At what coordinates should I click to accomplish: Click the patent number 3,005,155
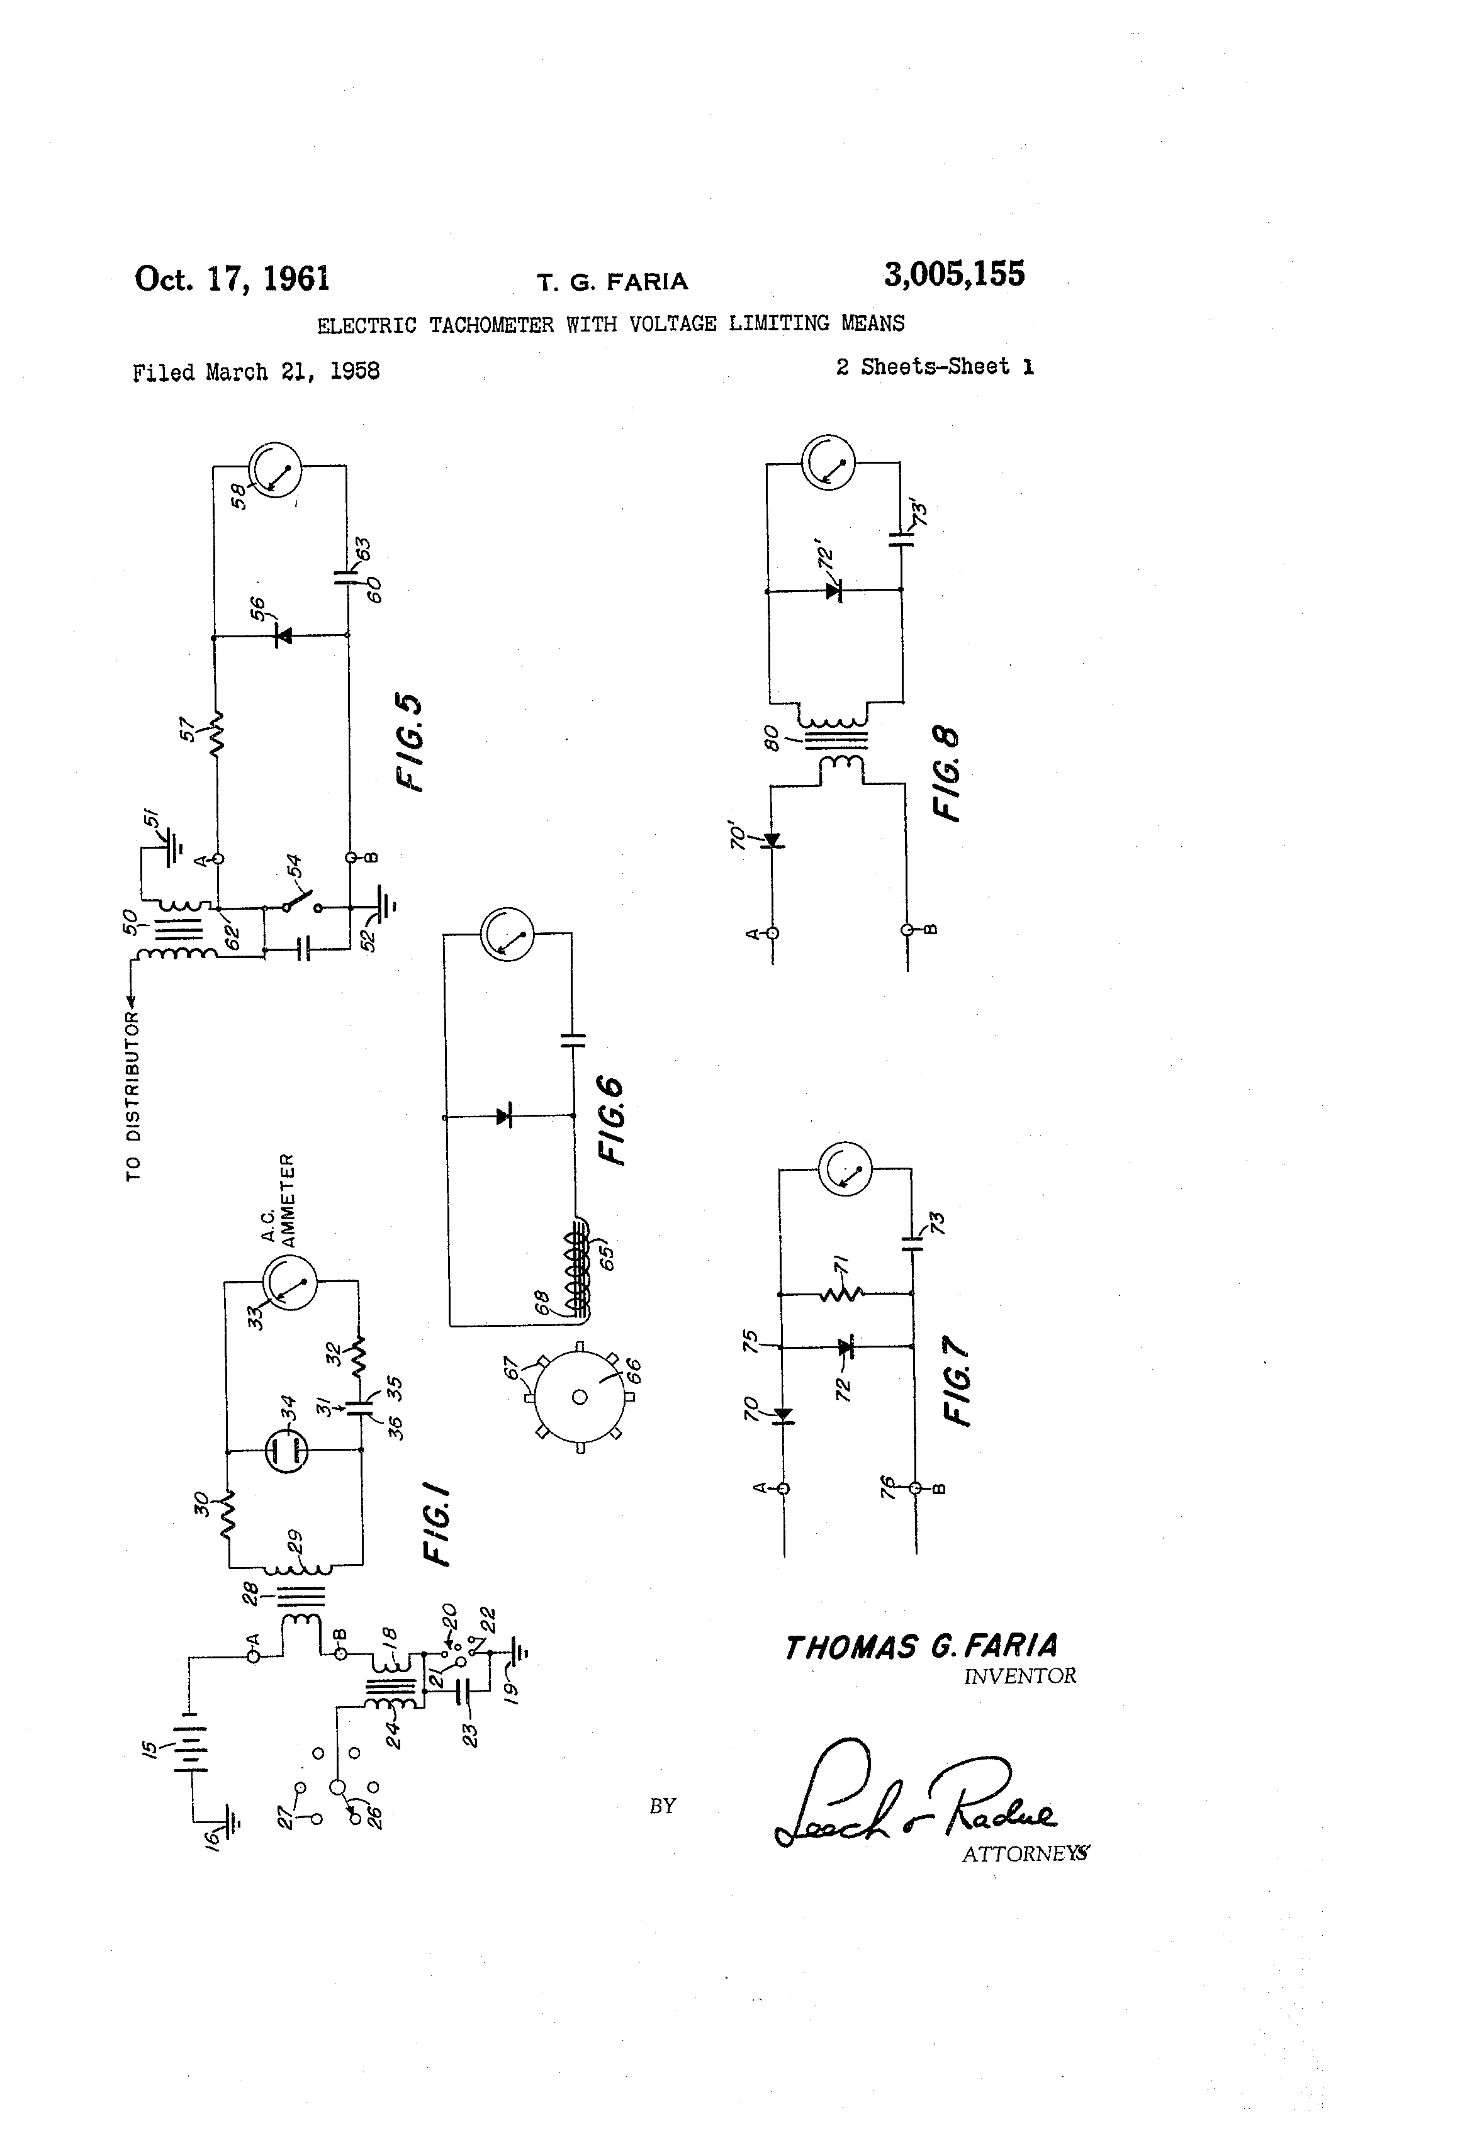click(x=953, y=274)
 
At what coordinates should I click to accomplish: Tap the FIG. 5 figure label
click(x=409, y=742)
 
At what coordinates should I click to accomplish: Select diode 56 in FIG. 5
click(x=283, y=635)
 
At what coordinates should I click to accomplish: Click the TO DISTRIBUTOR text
click(x=134, y=1096)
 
